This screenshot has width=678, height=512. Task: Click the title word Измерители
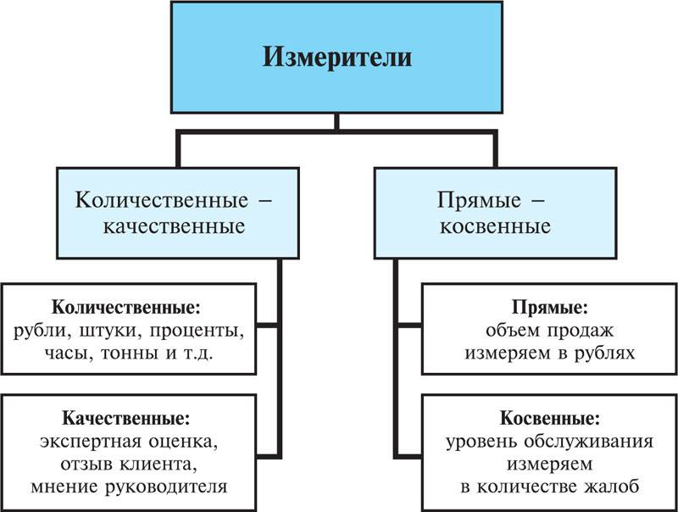[337, 58]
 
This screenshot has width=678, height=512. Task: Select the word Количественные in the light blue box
[162, 200]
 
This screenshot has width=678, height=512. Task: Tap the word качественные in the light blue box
[175, 226]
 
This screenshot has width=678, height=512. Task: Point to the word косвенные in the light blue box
[495, 226]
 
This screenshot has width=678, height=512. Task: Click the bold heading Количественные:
[126, 308]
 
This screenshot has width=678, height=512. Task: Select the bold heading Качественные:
[126, 418]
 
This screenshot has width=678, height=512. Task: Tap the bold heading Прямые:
[550, 308]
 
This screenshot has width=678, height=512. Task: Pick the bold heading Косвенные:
[550, 418]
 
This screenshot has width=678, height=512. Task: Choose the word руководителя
[166, 487]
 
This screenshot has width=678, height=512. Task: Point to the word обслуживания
[588, 442]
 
